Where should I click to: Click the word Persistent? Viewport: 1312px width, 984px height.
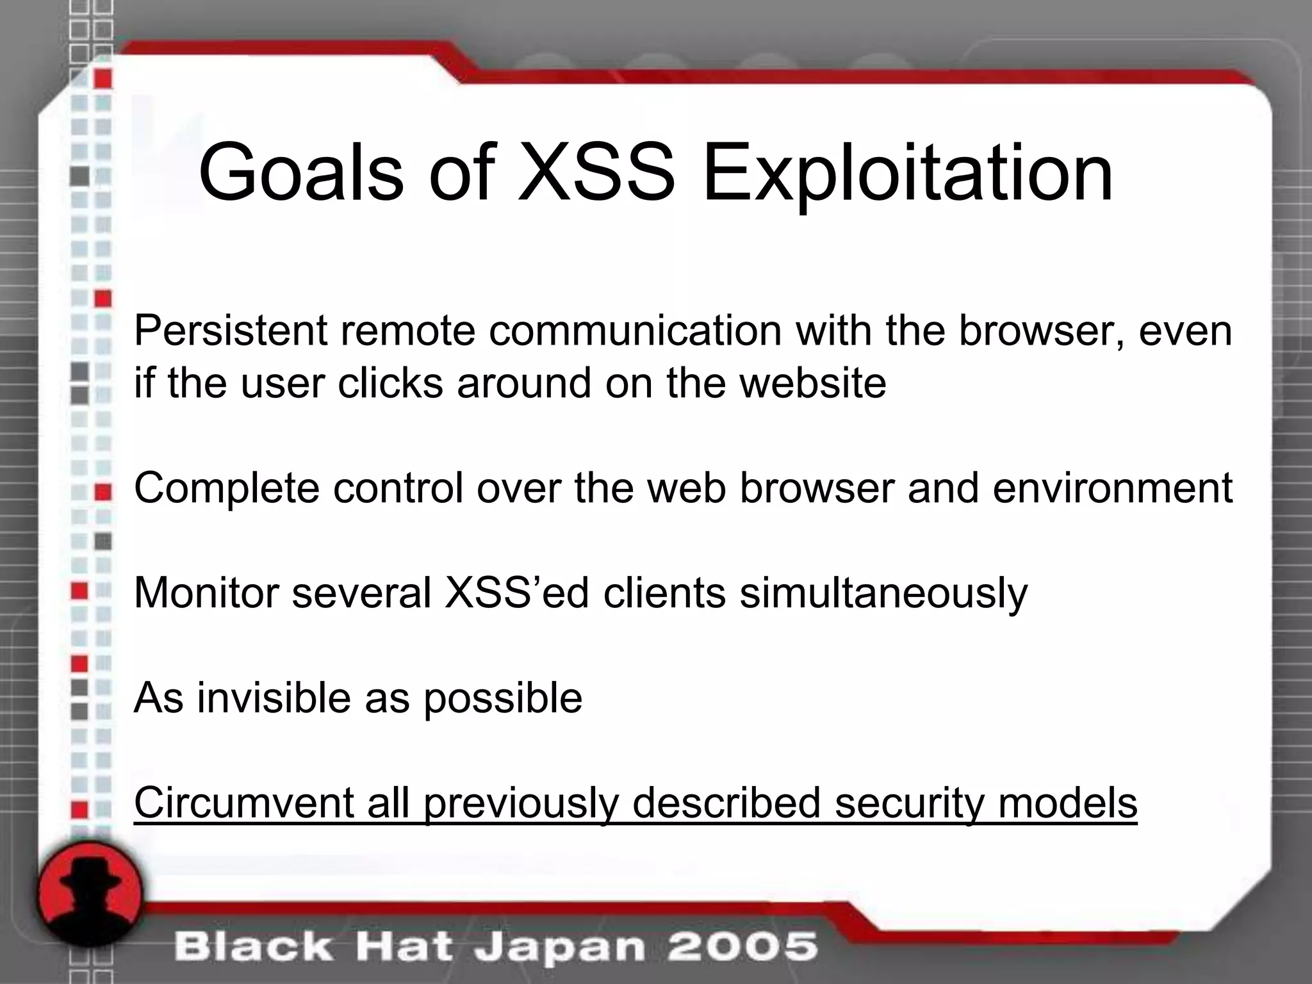click(231, 331)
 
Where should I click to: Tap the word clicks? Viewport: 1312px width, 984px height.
click(390, 383)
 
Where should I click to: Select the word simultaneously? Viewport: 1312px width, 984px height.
click(883, 593)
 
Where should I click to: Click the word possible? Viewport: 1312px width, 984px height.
click(503, 698)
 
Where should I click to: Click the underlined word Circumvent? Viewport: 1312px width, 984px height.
click(243, 803)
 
